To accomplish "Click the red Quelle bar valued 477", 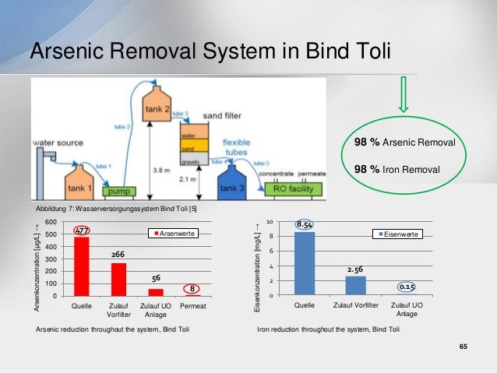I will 82,266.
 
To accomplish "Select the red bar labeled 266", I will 118,279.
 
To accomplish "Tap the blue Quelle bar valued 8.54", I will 305,263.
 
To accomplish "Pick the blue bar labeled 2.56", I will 355,285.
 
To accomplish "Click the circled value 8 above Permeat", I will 192,288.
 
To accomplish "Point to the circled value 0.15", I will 407,287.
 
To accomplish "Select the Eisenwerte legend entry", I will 400,234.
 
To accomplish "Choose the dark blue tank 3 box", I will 233,185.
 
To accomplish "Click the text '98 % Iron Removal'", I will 397,169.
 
